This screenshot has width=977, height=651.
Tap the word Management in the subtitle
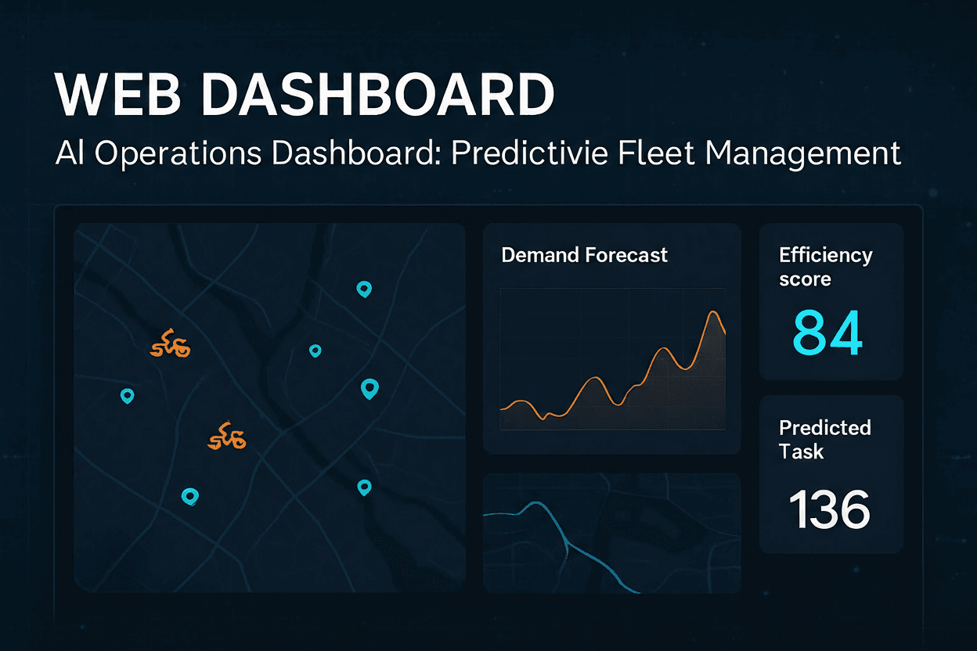[803, 153]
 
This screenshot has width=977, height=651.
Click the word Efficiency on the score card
[825, 255]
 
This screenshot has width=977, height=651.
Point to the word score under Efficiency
[805, 279]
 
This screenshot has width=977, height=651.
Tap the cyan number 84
[827, 333]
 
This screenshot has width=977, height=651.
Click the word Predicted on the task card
[824, 427]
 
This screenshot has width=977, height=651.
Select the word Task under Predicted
[801, 451]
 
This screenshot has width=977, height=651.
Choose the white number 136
[829, 509]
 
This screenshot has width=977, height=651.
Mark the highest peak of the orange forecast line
[712, 312]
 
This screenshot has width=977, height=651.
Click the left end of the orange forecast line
[502, 408]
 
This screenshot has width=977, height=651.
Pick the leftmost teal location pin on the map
[127, 396]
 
